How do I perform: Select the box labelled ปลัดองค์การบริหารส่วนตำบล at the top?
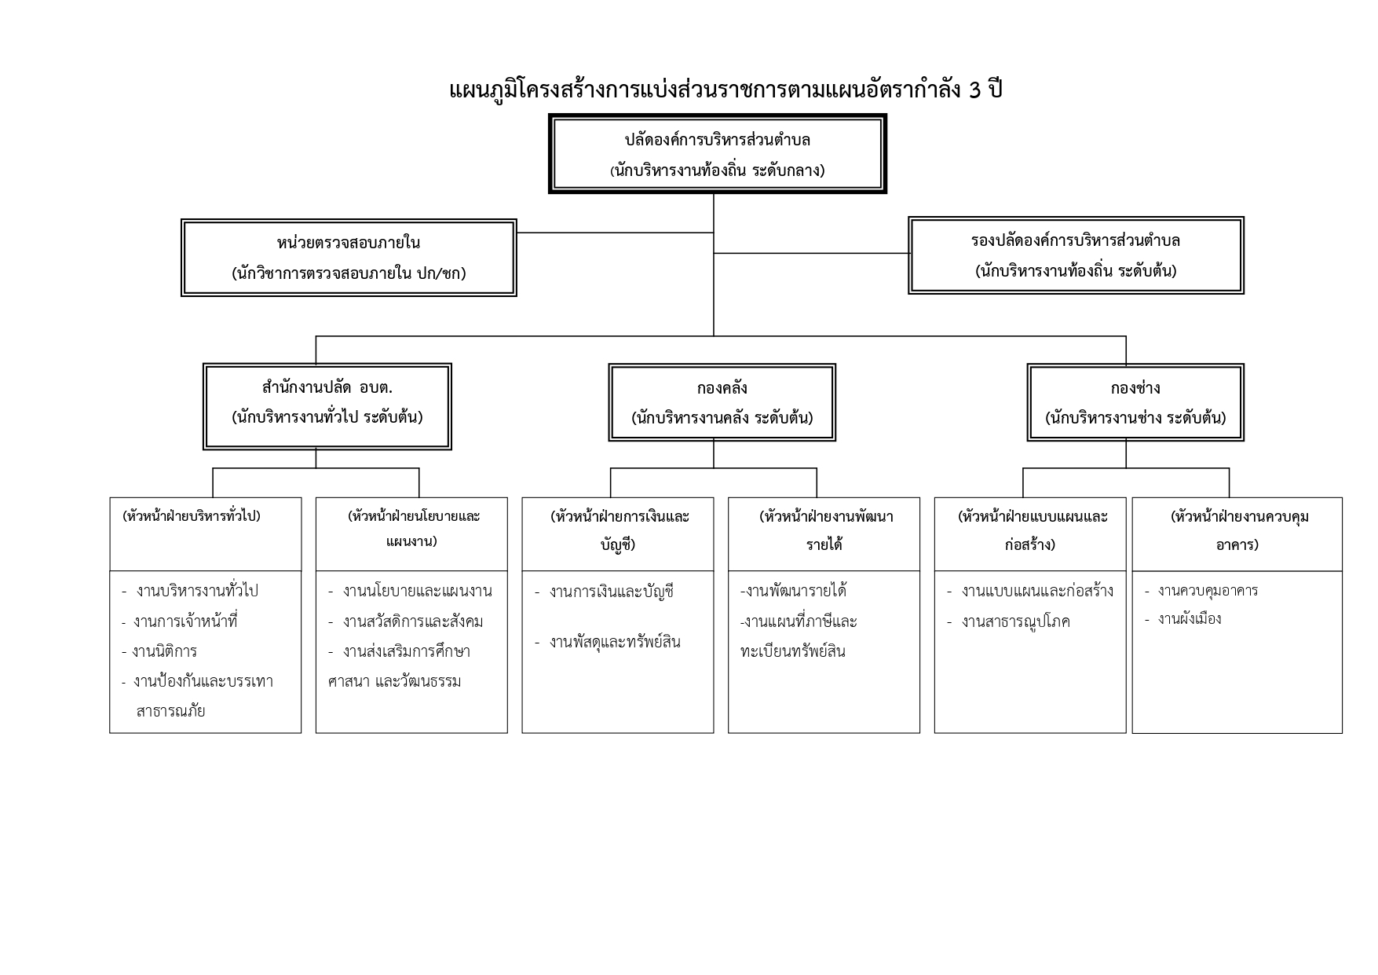click(717, 154)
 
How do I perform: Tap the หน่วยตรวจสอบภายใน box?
click(349, 258)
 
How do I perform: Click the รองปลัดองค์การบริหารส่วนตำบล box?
click(1076, 255)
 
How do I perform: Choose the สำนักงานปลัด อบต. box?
click(327, 406)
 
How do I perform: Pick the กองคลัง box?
click(722, 402)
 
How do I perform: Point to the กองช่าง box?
click(1135, 402)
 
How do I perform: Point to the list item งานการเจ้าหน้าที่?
click(185, 621)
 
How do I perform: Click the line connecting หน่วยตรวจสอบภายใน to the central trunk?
click(614, 233)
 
